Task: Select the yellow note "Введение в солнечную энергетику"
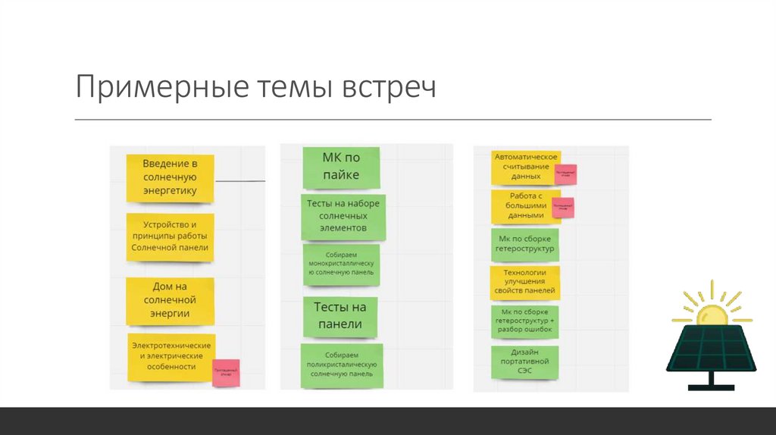[171, 178]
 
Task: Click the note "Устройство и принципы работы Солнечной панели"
[171, 236]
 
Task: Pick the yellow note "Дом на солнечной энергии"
[171, 300]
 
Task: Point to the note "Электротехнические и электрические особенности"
[171, 356]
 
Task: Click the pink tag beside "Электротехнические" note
[226, 373]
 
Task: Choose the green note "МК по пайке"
[341, 167]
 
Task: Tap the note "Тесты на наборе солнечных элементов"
[343, 215]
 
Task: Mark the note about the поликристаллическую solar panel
[341, 365]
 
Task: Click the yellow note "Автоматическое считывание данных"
[525, 167]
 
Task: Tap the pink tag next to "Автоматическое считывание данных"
[565, 174]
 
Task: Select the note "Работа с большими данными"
[525, 205]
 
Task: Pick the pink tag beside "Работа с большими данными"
[563, 208]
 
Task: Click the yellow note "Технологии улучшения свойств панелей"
[525, 281]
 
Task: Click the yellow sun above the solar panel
[712, 312]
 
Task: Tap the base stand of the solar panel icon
[710, 383]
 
